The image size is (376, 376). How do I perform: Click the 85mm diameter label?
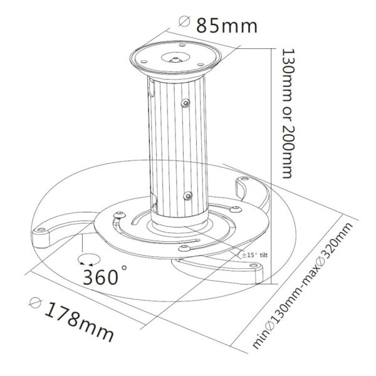pos(227,26)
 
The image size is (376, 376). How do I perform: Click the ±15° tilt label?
pos(254,255)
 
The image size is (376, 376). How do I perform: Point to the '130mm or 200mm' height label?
pos(288,113)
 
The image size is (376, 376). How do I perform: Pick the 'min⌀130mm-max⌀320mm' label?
pos(303,285)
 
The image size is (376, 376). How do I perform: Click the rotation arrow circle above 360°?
pos(89,259)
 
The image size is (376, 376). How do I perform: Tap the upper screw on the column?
pos(185,103)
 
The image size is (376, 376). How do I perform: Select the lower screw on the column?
pos(187,196)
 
